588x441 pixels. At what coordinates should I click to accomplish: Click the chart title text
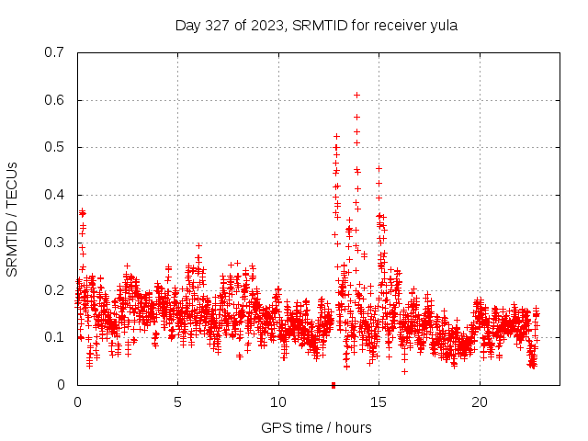[316, 26]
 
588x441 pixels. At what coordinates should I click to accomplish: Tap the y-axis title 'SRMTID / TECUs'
[13, 218]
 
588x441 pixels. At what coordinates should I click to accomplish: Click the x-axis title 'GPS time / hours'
[316, 427]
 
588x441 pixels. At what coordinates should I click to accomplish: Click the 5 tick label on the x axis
[178, 402]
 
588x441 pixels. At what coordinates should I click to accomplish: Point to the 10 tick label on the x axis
[278, 402]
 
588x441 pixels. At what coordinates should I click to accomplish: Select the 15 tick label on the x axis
[379, 402]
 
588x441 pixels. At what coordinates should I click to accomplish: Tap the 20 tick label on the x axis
[480, 402]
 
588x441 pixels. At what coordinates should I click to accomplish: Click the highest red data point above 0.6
[356, 95]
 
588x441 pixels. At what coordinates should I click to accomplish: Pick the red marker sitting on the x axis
[334, 384]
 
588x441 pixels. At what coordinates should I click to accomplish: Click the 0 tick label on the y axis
[60, 385]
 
